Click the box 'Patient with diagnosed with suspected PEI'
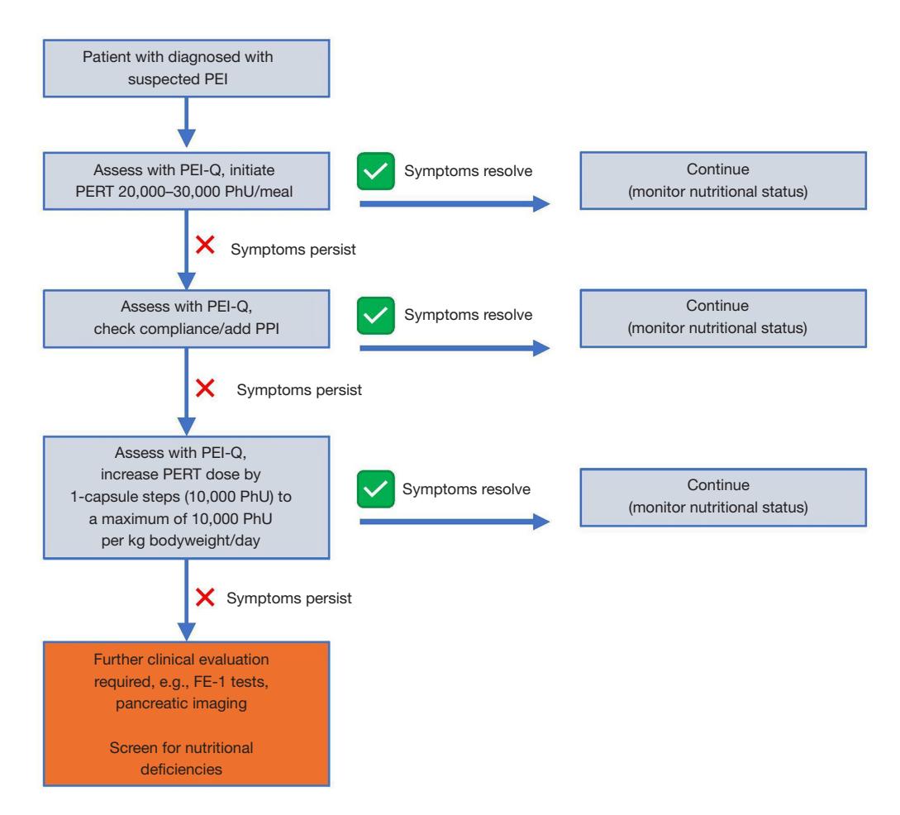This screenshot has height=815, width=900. pyautogui.click(x=187, y=69)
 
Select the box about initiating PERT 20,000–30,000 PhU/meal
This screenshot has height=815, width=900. pyautogui.click(x=187, y=181)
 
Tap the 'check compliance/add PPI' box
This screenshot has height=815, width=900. pyautogui.click(x=187, y=318)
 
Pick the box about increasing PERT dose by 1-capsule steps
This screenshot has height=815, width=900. pyautogui.click(x=187, y=497)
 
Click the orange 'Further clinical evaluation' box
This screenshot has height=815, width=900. pyautogui.click(x=187, y=713)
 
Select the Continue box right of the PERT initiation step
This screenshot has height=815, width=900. pyautogui.click(x=723, y=180)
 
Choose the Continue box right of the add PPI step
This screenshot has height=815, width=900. pyautogui.click(x=723, y=318)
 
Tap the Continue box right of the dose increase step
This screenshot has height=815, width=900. pyautogui.click(x=723, y=497)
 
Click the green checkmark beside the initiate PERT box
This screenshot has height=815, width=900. pyautogui.click(x=375, y=171)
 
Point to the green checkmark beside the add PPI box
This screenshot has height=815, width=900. pyautogui.click(x=375, y=315)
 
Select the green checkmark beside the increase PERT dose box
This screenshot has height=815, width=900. pyautogui.click(x=375, y=489)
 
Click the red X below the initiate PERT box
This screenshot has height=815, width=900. pyautogui.click(x=205, y=245)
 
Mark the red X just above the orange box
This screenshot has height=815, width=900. pyautogui.click(x=205, y=598)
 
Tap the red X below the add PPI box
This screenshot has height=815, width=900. pyautogui.click(x=205, y=388)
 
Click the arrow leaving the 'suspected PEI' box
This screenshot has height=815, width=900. pyautogui.click(x=187, y=122)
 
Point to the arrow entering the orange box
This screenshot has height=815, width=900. pyautogui.click(x=187, y=600)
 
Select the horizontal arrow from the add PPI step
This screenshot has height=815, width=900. pyautogui.click(x=455, y=348)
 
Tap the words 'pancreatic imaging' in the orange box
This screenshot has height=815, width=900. pyautogui.click(x=181, y=703)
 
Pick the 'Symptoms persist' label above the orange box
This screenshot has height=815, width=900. pyautogui.click(x=288, y=598)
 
